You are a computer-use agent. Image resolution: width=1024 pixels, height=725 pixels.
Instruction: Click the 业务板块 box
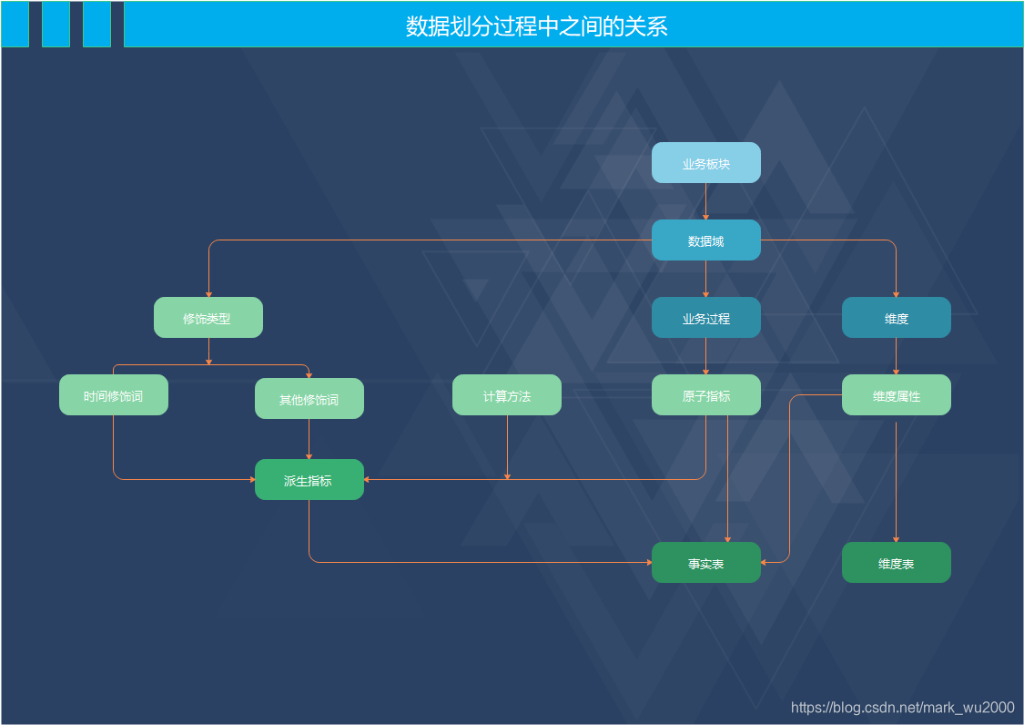(705, 163)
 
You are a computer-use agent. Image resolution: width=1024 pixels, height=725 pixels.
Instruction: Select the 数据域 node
(705, 240)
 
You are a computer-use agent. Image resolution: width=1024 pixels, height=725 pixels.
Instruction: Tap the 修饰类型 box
(208, 318)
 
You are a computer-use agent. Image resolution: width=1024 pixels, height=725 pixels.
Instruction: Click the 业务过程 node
(705, 318)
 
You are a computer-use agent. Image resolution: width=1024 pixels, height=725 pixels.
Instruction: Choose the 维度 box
(896, 318)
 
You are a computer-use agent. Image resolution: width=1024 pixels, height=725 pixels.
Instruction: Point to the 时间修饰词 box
(114, 395)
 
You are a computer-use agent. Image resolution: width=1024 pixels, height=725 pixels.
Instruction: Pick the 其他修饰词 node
(309, 399)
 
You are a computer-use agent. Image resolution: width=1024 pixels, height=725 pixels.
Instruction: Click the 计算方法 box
(507, 395)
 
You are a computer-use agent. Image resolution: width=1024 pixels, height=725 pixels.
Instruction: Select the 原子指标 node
(705, 395)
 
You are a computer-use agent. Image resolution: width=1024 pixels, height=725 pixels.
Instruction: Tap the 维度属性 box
(896, 395)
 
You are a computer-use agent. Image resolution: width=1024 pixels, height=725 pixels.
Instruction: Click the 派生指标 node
(309, 480)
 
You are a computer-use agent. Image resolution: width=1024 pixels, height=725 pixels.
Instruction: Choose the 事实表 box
(705, 563)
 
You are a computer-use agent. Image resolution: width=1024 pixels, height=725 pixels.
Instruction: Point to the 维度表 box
(896, 563)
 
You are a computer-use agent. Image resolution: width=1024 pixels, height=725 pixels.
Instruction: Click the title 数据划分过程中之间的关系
(537, 26)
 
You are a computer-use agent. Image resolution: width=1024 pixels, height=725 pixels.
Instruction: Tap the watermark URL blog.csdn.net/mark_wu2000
(902, 708)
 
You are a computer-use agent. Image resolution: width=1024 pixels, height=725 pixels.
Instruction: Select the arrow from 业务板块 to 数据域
(705, 201)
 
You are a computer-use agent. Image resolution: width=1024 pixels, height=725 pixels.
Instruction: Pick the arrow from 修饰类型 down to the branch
(208, 352)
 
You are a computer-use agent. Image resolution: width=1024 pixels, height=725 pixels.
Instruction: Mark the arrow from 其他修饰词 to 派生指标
(309, 439)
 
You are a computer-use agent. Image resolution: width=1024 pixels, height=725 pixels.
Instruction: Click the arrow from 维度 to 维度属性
(896, 356)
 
